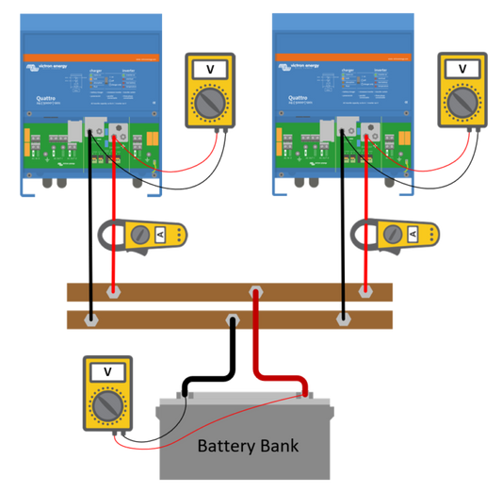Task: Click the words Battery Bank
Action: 247,445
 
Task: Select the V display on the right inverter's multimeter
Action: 463,69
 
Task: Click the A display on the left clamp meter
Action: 160,235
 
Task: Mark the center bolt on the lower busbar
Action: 231,321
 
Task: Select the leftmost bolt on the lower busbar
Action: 90,320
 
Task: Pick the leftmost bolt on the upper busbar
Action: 113,293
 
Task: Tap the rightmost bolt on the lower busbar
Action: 342,320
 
